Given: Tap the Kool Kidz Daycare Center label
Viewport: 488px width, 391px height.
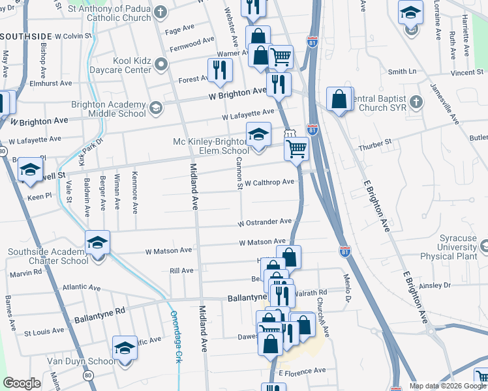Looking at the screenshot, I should [x=113, y=65].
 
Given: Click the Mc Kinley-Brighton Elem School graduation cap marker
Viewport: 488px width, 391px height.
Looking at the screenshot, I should [x=258, y=135].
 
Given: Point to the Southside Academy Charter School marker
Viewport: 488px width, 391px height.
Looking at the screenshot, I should [x=97, y=244].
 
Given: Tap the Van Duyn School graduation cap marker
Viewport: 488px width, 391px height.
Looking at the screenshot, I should [x=124, y=348].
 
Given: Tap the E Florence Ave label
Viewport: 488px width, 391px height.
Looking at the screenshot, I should [x=301, y=371].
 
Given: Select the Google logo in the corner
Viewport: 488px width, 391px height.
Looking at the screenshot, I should [x=22, y=383].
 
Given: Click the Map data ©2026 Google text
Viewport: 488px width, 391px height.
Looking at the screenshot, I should [x=447, y=386].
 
